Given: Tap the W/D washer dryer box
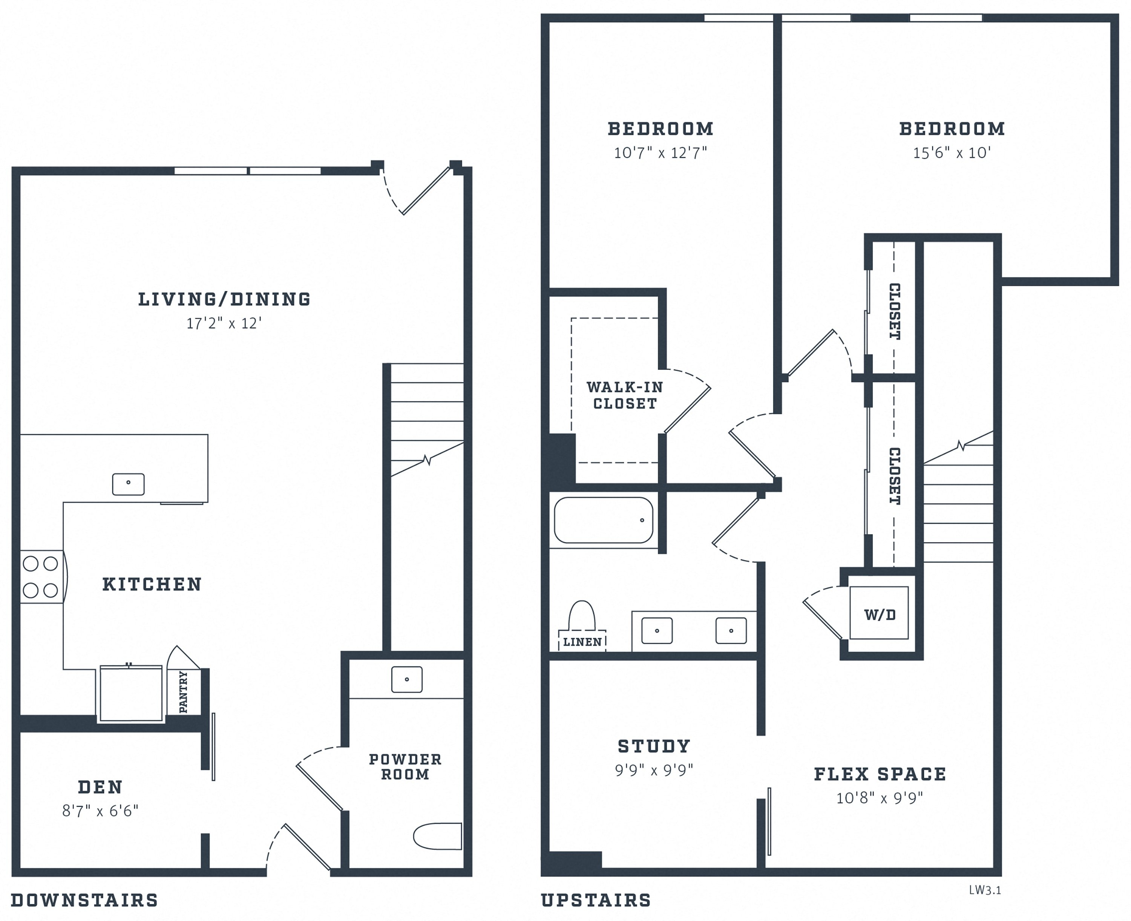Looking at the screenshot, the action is [x=879, y=613].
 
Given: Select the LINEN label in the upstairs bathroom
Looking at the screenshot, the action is [x=582, y=642].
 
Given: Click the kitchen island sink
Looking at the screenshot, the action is [x=129, y=484].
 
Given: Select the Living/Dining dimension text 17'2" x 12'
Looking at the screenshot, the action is [x=224, y=323].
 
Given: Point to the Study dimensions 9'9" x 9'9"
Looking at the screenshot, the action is [x=654, y=770].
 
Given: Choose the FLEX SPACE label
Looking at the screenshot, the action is [x=880, y=774].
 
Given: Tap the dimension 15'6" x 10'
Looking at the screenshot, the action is [x=952, y=153].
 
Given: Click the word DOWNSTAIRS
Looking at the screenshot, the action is [x=84, y=900].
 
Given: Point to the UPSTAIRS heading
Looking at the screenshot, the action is [x=596, y=900].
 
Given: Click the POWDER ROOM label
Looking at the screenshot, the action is [x=405, y=766].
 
